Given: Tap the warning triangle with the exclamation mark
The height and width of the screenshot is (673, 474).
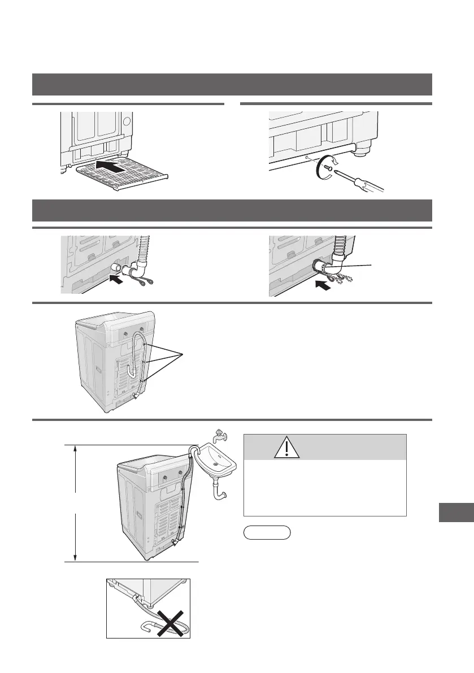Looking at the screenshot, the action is [x=287, y=447].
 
